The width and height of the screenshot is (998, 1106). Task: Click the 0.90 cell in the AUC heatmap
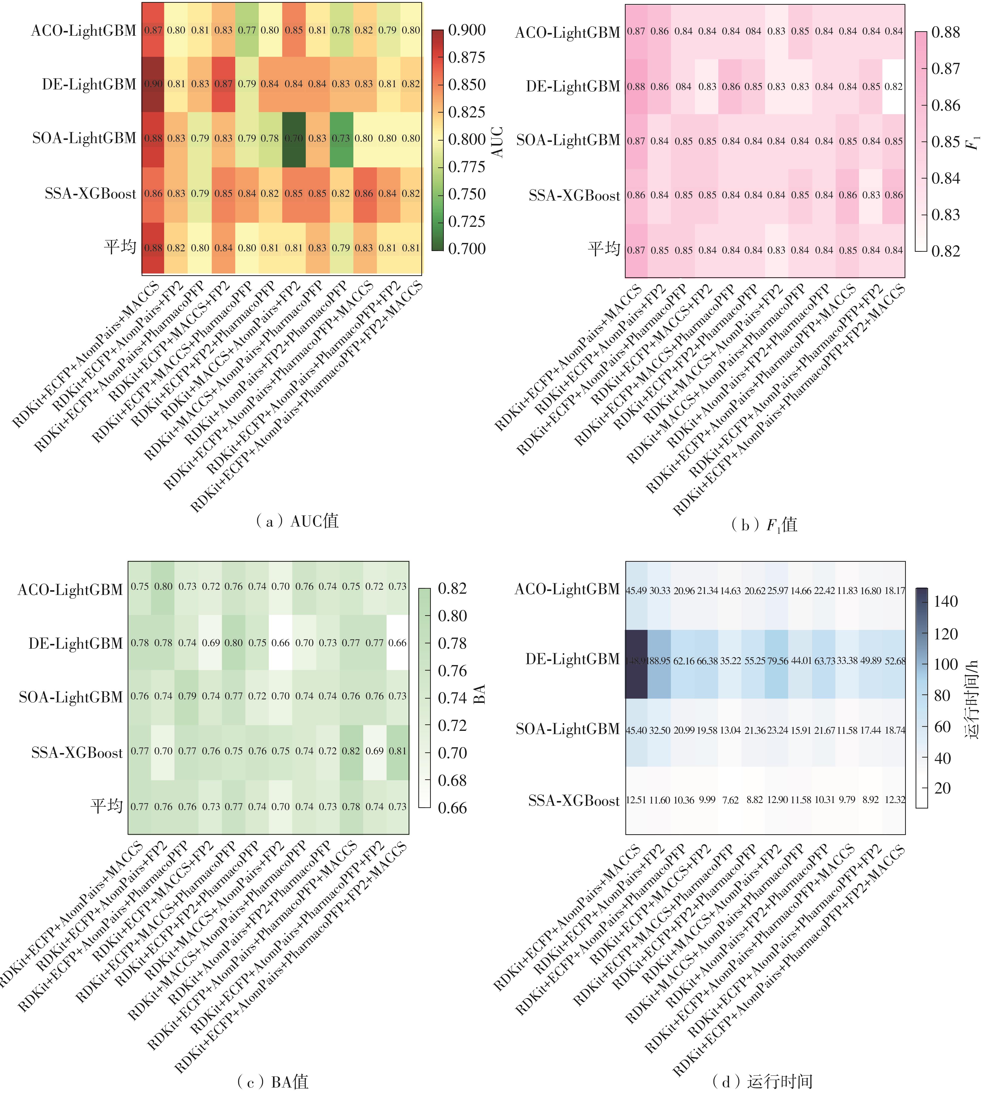coord(154,84)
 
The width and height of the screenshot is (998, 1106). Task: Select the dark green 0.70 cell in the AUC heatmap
coord(294,138)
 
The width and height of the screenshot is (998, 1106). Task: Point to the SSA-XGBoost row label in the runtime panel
coord(574,801)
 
